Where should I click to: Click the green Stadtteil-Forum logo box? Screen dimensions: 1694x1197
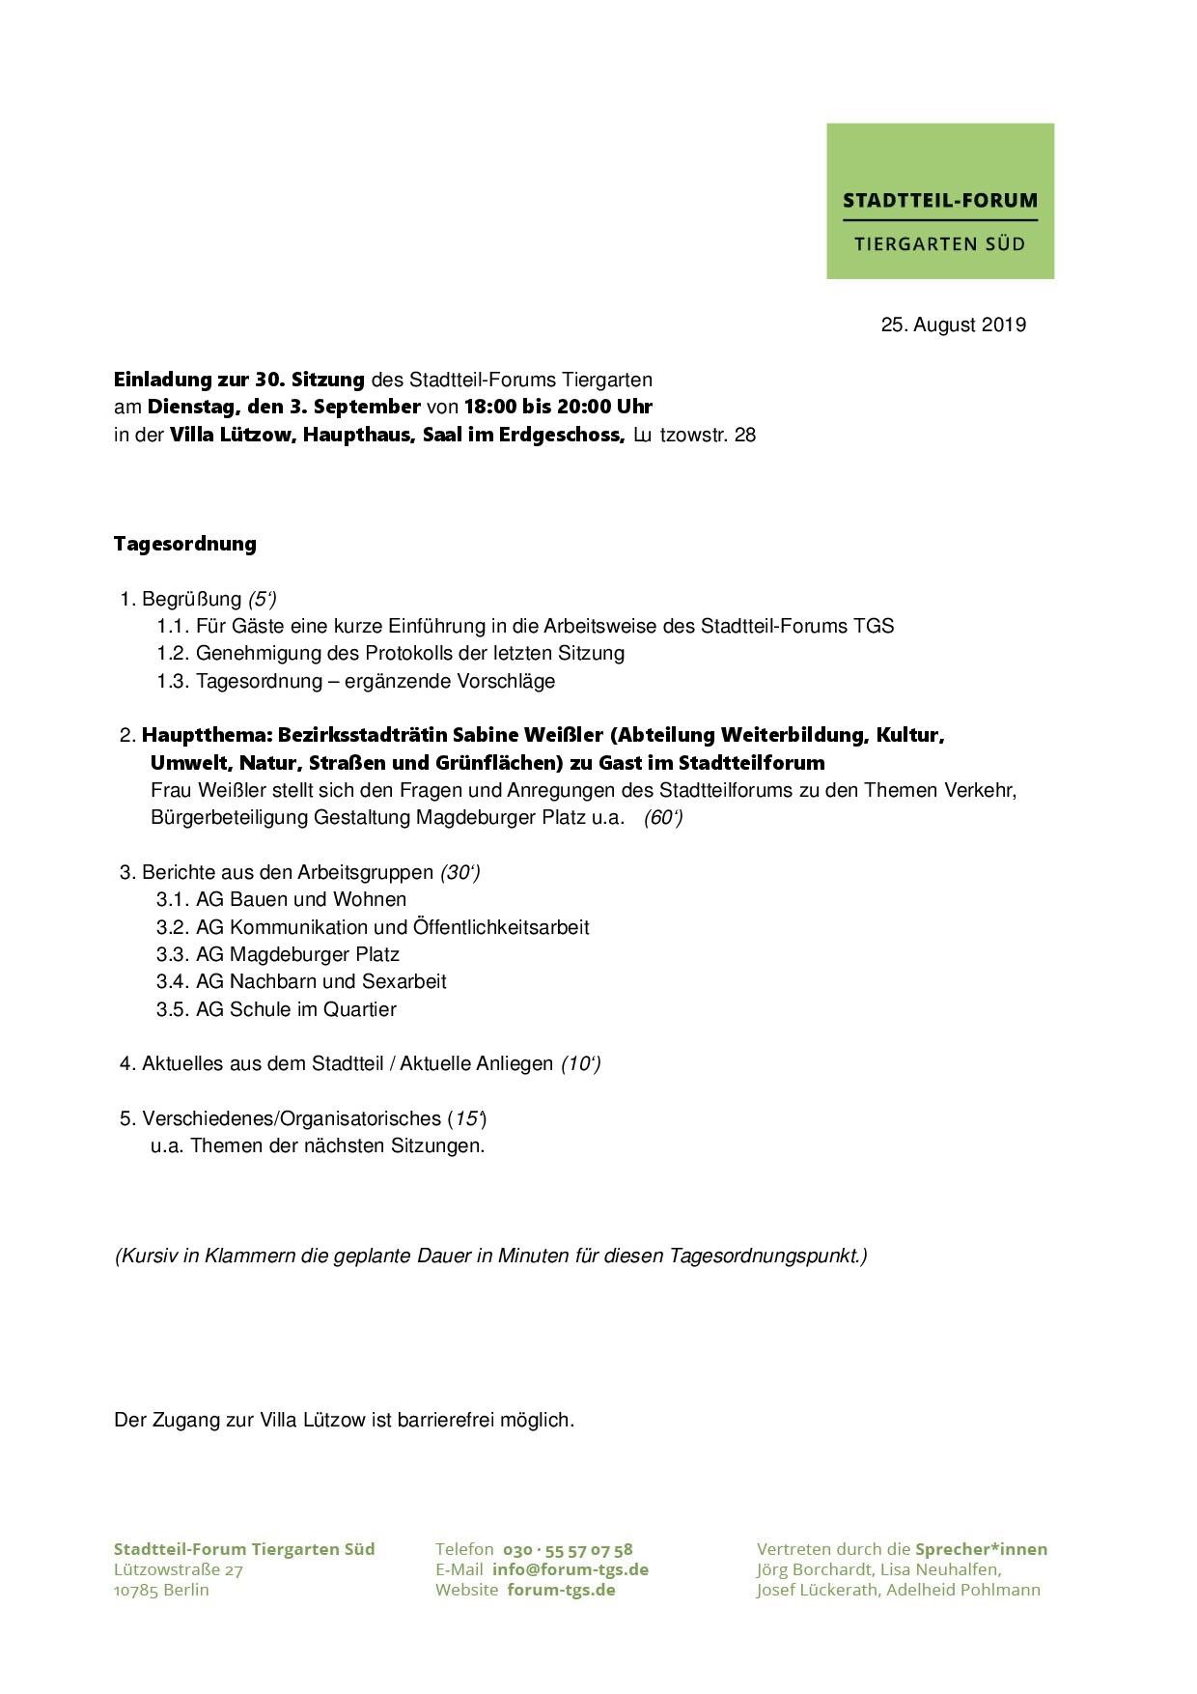click(939, 201)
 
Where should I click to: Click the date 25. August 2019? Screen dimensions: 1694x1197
click(953, 325)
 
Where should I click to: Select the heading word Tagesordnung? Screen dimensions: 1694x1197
click(185, 544)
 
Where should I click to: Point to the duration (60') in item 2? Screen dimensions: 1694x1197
click(663, 818)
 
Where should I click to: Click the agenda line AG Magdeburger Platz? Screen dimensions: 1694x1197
click(297, 954)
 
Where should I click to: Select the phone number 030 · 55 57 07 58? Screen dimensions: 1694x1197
click(568, 1549)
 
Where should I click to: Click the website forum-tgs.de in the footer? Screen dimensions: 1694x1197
click(561, 1590)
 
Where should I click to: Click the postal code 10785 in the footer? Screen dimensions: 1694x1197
click(135, 1590)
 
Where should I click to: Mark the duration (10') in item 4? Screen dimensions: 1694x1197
click(580, 1064)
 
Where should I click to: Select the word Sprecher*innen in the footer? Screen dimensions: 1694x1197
click(981, 1549)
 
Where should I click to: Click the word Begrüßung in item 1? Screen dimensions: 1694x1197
click(191, 599)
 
